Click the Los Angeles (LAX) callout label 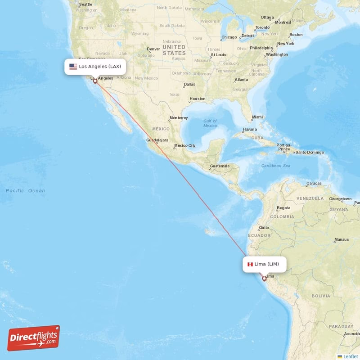[94, 67]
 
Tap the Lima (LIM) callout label [264, 264]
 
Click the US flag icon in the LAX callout [73, 67]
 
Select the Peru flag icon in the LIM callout [250, 264]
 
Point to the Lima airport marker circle [264, 279]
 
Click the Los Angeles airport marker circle [95, 81]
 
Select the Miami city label [257, 117]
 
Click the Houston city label [197, 99]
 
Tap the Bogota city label [283, 208]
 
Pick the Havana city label [250, 129]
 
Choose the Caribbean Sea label [276, 166]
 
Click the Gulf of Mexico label [210, 123]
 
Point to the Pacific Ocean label [26, 191]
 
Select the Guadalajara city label [157, 140]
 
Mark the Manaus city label [342, 239]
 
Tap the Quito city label [264, 228]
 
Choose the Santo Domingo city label [309, 152]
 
